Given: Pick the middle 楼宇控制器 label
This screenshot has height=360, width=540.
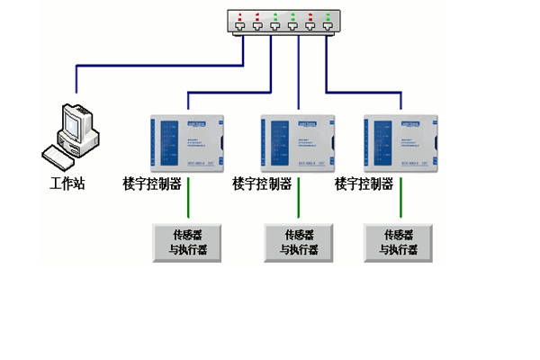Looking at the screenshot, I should click(x=262, y=184).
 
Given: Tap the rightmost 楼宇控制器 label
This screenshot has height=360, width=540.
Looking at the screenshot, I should click(x=364, y=184).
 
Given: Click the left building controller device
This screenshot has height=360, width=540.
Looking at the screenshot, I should click(x=186, y=139).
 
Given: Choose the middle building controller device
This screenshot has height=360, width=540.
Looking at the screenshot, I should click(x=296, y=139).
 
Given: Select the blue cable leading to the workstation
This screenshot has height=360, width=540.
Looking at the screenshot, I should click(x=153, y=66).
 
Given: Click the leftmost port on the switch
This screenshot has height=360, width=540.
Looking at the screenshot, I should click(x=239, y=27).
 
